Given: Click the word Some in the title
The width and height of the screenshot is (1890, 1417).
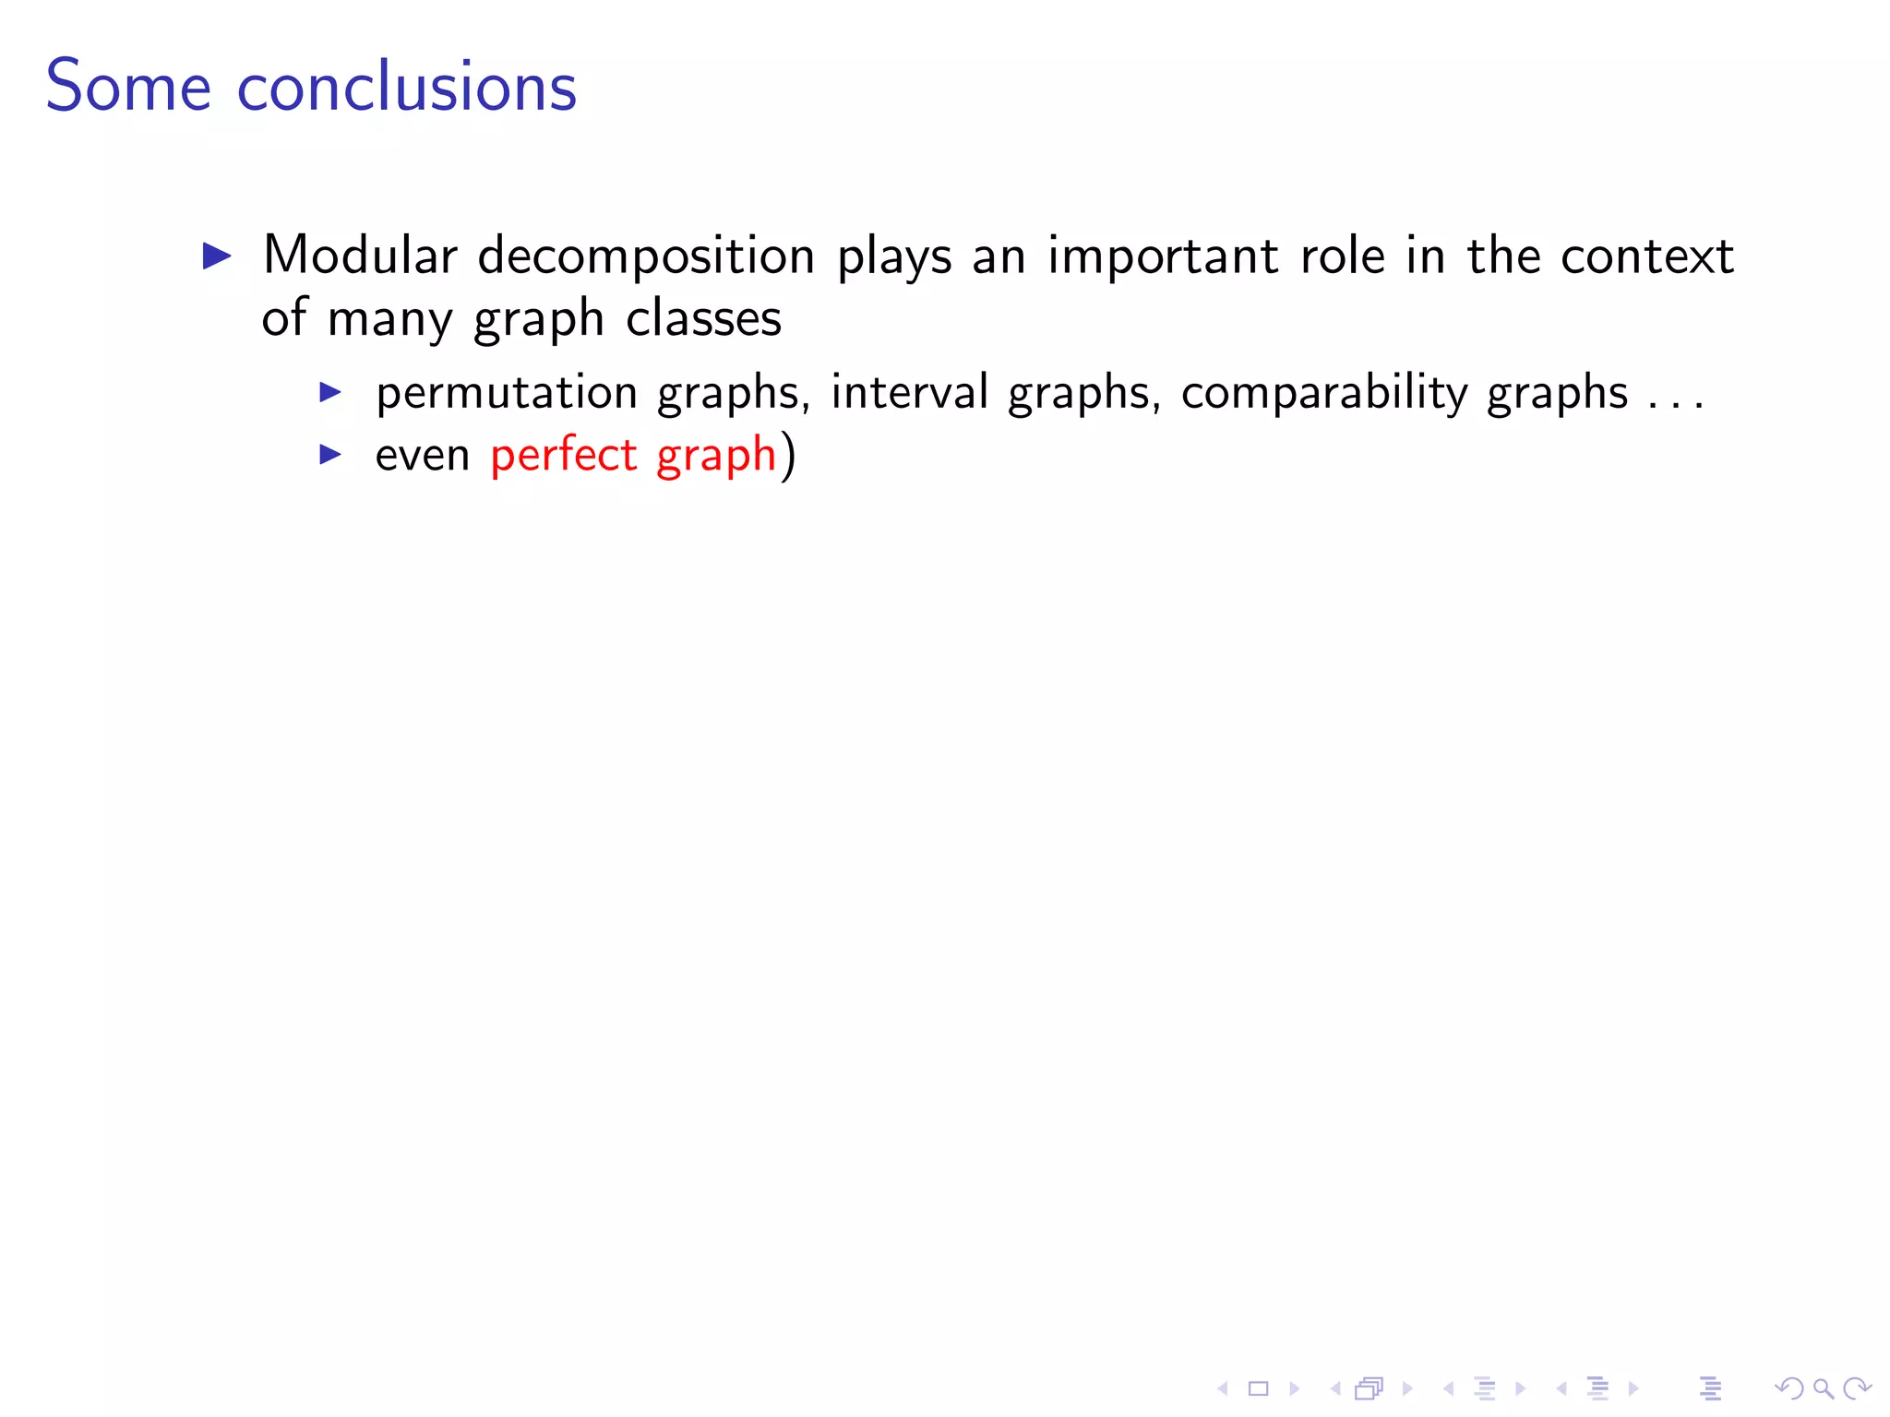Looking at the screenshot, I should pyautogui.click(x=128, y=87).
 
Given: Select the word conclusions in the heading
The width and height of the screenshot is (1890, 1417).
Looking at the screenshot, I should pyautogui.click(x=407, y=87).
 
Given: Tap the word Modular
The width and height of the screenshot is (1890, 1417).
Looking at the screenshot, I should pyautogui.click(x=360, y=256).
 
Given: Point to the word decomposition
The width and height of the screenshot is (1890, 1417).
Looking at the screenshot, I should pyautogui.click(x=646, y=257).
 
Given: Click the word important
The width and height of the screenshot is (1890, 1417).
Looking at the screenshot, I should pyautogui.click(x=1163, y=257).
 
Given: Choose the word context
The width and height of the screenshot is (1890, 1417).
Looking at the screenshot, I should pyautogui.click(x=1647, y=256).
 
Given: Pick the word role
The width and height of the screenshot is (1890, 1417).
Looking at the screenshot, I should pyautogui.click(x=1342, y=256).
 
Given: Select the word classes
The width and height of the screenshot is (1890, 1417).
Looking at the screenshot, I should pyautogui.click(x=703, y=319).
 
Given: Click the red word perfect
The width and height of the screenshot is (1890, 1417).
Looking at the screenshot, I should pyautogui.click(x=564, y=455).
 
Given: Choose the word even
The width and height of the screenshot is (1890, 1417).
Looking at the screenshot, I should pyautogui.click(x=423, y=456).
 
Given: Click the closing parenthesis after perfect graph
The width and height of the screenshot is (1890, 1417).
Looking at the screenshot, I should pyautogui.click(x=787, y=456).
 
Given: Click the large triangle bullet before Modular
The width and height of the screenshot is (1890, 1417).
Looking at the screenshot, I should pyautogui.click(x=217, y=256).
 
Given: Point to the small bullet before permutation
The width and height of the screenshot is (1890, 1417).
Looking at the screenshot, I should pyautogui.click(x=330, y=392).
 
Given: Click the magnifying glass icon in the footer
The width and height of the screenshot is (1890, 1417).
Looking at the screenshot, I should pyautogui.click(x=1823, y=1387).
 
